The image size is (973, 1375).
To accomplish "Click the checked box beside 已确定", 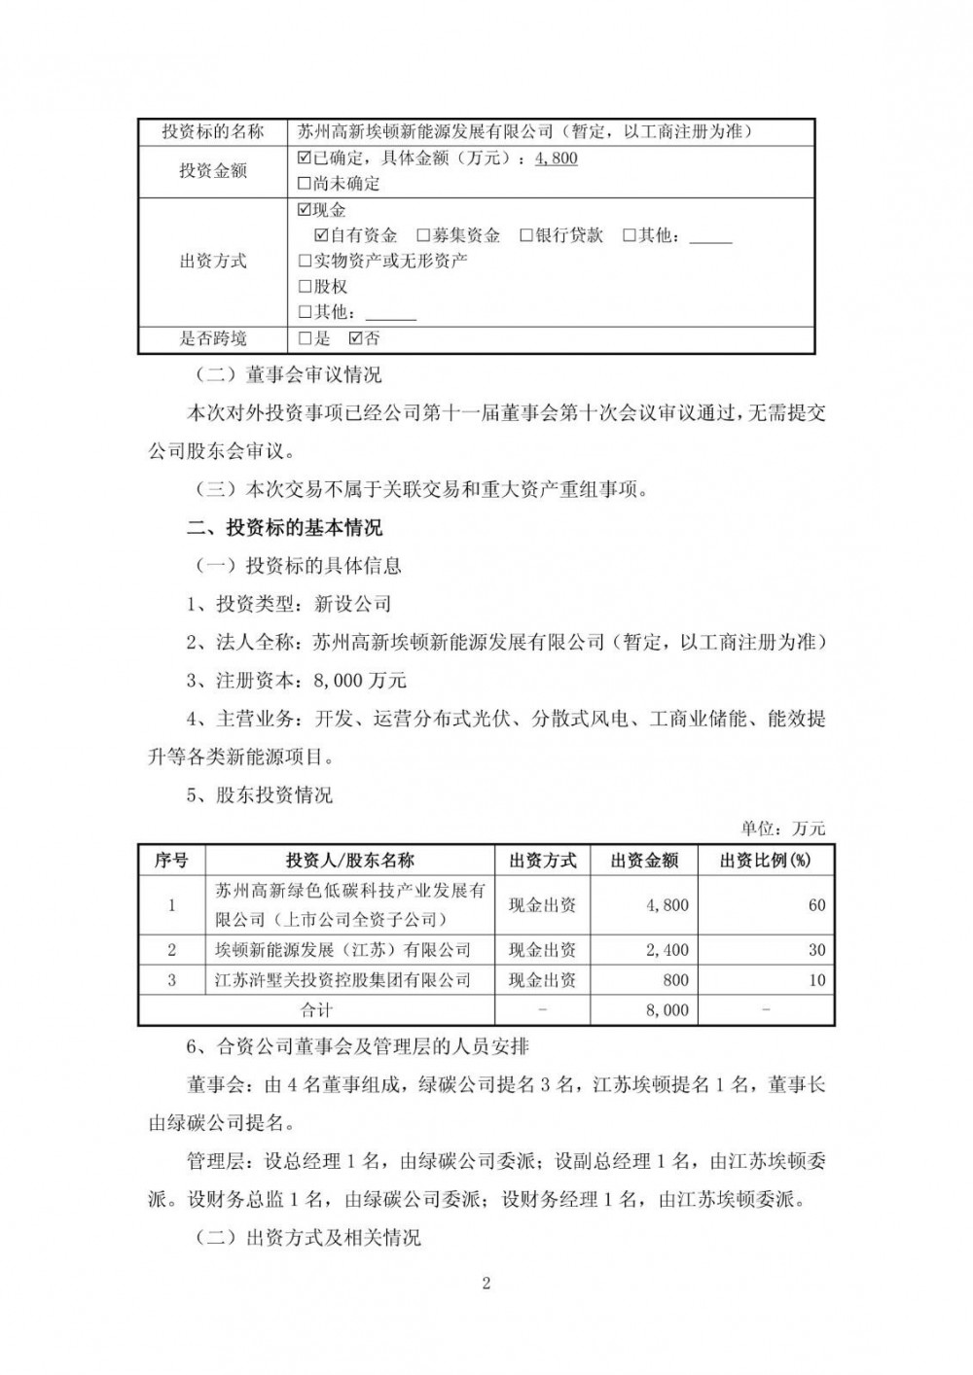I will [x=305, y=158].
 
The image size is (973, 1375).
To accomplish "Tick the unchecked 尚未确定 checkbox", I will [x=305, y=184].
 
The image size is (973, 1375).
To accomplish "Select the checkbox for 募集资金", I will [x=423, y=235].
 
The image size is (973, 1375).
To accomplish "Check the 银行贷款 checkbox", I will [x=526, y=235].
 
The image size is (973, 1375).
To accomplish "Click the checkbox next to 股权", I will [x=305, y=287].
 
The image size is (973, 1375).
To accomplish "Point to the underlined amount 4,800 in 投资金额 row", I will [x=557, y=158].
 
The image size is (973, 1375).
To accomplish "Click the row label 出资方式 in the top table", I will [x=213, y=262].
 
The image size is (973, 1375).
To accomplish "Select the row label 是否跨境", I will [x=213, y=338].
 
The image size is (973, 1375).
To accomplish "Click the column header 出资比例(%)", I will [x=766, y=860].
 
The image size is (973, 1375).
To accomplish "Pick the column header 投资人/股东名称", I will [x=350, y=860].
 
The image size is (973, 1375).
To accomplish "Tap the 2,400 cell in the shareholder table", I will [x=667, y=950].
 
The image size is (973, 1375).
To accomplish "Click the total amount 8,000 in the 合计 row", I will [x=667, y=1010].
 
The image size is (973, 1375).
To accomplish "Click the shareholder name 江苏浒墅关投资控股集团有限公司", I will [x=342, y=980].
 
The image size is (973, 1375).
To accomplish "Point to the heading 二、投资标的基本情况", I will [x=284, y=528].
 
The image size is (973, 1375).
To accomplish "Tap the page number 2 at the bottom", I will [x=486, y=1283].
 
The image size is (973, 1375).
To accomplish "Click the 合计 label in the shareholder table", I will [x=317, y=1010].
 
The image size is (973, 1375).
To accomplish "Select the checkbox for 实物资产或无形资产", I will [x=305, y=262].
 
